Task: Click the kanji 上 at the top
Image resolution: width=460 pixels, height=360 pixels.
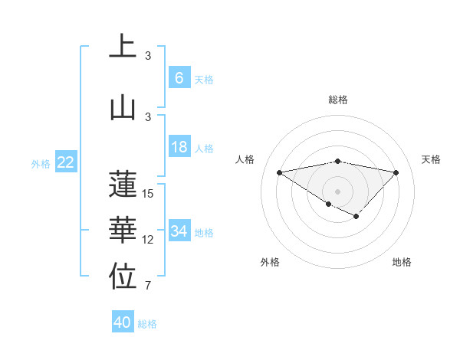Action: [x=123, y=46]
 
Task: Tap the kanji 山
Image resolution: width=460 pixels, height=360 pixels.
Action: [x=123, y=106]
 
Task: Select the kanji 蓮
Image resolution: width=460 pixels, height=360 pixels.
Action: [x=123, y=184]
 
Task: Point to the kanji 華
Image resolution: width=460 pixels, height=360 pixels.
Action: [x=123, y=231]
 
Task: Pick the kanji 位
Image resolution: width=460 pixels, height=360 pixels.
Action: [x=123, y=277]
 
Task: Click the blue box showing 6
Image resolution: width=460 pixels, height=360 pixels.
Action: [x=179, y=78]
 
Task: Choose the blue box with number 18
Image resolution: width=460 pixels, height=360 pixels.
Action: [x=179, y=147]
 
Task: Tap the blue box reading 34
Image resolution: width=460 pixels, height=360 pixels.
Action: [x=179, y=231]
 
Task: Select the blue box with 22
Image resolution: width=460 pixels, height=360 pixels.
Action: [x=66, y=162]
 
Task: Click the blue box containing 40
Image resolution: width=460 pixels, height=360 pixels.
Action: [x=123, y=322]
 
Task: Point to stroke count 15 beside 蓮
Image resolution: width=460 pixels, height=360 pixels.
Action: [x=148, y=194]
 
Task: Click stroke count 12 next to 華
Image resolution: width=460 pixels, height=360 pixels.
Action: [x=148, y=240]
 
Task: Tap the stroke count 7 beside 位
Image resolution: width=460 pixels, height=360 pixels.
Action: [x=148, y=286]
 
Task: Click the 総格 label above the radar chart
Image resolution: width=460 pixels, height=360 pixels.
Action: [x=337, y=100]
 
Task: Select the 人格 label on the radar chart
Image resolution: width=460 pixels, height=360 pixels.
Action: [x=245, y=159]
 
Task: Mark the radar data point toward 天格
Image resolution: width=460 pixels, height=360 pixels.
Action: [x=396, y=172]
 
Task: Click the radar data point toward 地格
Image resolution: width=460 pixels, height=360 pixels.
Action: [x=356, y=217]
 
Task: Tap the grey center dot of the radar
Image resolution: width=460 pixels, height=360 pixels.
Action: [x=337, y=190]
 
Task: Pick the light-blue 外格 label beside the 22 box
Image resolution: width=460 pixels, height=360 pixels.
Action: [x=41, y=163]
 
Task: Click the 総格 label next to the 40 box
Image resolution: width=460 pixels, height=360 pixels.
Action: [x=147, y=324]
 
